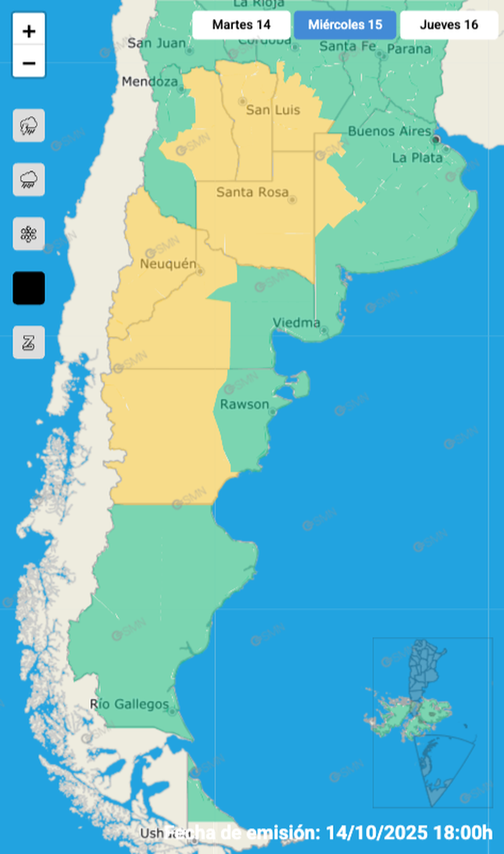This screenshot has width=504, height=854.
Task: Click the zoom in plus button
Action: pyautogui.click(x=29, y=32)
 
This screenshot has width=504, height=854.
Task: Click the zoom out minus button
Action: pyautogui.click(x=29, y=63)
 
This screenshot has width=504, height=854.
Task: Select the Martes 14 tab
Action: pyautogui.click(x=241, y=25)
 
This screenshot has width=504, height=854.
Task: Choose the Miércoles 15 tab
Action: pyautogui.click(x=345, y=25)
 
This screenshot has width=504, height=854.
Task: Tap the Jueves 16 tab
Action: pyautogui.click(x=449, y=25)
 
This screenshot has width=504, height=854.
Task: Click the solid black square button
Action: pyautogui.click(x=29, y=288)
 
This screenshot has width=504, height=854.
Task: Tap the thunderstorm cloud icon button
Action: pyautogui.click(x=29, y=126)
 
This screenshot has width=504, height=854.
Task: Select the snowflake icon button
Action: pyautogui.click(x=29, y=234)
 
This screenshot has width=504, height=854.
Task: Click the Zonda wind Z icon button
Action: pyautogui.click(x=29, y=343)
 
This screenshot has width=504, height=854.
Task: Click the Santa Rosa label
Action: pyautogui.click(x=252, y=192)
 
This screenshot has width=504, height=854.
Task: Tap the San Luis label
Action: pyautogui.click(x=273, y=111)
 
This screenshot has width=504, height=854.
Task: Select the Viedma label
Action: pyautogui.click(x=297, y=323)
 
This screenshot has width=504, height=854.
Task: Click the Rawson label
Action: pyautogui.click(x=245, y=404)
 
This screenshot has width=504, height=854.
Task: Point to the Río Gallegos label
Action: pyautogui.click(x=129, y=705)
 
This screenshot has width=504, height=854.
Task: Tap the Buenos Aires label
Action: pyautogui.click(x=389, y=131)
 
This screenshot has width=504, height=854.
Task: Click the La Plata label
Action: pyautogui.click(x=417, y=157)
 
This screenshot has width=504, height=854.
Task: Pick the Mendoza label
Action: pyautogui.click(x=150, y=82)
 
